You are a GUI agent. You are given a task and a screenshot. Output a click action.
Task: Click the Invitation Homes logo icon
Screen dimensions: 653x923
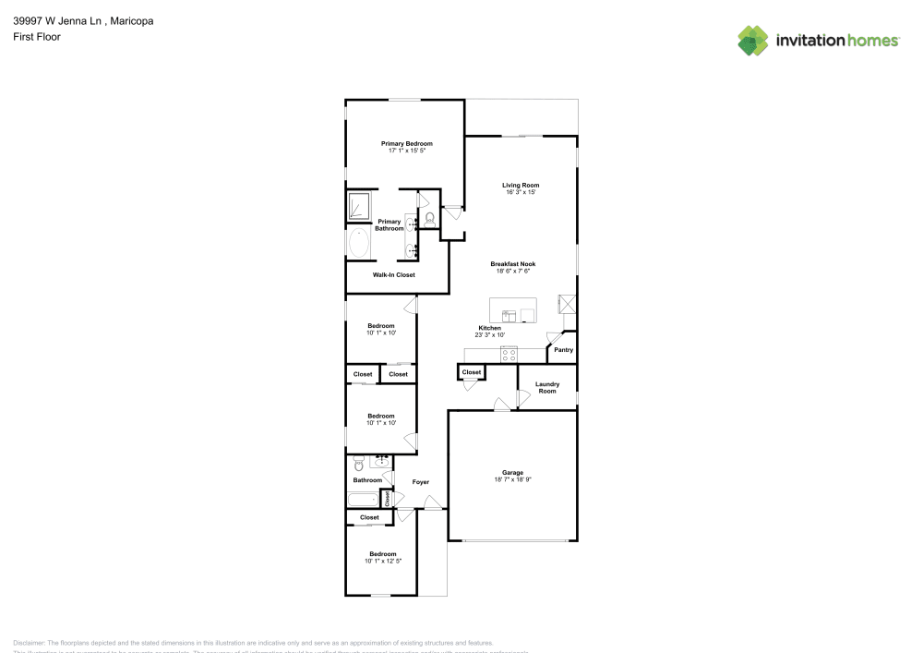753,40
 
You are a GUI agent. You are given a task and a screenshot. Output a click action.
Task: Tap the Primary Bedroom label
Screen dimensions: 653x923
407,143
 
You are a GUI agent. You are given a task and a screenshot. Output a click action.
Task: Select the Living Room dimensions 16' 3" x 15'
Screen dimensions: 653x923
521,192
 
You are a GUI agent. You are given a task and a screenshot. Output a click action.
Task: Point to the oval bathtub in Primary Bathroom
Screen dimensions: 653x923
358,245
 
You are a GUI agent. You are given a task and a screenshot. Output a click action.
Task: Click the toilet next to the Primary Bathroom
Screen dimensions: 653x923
430,219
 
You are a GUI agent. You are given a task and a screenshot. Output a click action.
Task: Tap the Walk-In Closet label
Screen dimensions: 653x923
393,275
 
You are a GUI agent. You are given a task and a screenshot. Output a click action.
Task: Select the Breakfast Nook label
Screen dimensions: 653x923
512,264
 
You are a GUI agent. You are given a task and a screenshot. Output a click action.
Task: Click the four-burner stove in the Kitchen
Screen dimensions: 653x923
509,355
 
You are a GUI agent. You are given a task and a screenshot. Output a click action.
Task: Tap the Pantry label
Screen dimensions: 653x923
563,350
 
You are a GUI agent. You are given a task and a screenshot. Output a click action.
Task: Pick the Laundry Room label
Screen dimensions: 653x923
547,387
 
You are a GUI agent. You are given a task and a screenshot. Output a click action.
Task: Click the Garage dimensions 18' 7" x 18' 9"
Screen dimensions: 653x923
513,479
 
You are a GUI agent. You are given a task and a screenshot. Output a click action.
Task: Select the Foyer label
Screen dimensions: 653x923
420,482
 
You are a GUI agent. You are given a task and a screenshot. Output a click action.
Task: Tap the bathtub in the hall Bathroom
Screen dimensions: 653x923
363,500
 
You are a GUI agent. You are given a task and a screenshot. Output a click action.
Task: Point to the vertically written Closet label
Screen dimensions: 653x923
388,499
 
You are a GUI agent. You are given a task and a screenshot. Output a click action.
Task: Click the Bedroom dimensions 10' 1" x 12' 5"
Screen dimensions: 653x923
382,561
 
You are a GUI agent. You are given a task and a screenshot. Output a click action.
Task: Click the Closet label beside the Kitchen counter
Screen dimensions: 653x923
472,372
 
